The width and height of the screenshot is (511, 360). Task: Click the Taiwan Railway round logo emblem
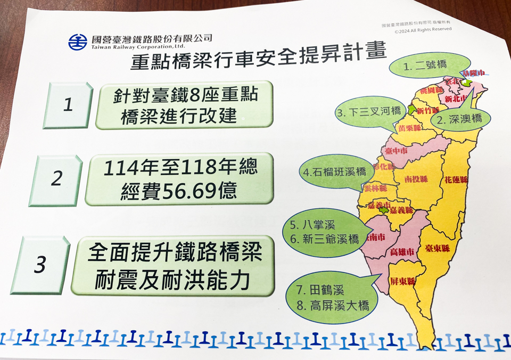(77, 42)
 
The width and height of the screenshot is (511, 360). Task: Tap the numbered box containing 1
(68, 105)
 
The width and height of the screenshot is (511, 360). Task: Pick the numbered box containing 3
(40, 265)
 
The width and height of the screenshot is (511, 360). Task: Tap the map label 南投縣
(416, 178)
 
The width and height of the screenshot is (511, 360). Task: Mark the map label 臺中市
(395, 151)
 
